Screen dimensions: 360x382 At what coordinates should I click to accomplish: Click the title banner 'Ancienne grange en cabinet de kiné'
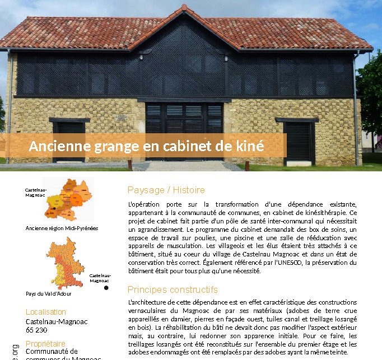point(146,146)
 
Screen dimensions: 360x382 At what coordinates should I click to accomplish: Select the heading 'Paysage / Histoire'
point(166,190)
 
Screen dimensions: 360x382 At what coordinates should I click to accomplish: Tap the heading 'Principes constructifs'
point(173,290)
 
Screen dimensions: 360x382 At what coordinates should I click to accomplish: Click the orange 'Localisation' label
point(46,312)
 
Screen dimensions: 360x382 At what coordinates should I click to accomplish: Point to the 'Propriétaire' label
point(45,343)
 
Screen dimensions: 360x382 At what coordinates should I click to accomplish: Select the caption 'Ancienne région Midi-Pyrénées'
point(62,228)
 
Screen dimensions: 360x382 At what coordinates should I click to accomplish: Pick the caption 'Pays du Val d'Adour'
point(49,293)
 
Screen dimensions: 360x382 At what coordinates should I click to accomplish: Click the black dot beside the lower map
point(106,288)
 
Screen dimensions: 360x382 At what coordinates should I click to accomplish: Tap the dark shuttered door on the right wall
point(298,143)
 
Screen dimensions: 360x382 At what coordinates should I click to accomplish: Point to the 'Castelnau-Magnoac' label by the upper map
point(34,193)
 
